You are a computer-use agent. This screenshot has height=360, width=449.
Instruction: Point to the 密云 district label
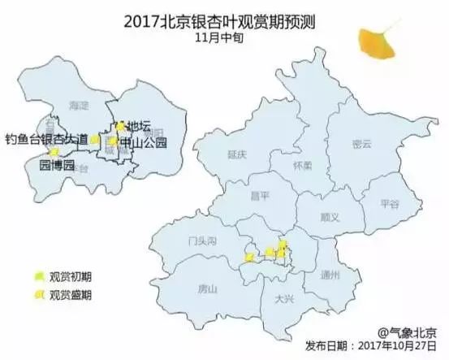point(361,144)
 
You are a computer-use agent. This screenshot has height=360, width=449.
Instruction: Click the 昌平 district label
point(261,196)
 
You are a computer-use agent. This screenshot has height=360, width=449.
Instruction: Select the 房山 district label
point(207,287)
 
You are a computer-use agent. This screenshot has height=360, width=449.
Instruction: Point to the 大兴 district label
point(283,300)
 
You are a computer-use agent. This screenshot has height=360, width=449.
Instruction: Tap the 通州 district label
point(330,273)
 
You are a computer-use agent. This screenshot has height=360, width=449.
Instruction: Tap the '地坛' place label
point(138,126)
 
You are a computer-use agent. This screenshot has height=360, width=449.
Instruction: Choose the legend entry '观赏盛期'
point(70,294)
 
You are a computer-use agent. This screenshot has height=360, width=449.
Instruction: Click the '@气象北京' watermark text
point(407,330)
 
